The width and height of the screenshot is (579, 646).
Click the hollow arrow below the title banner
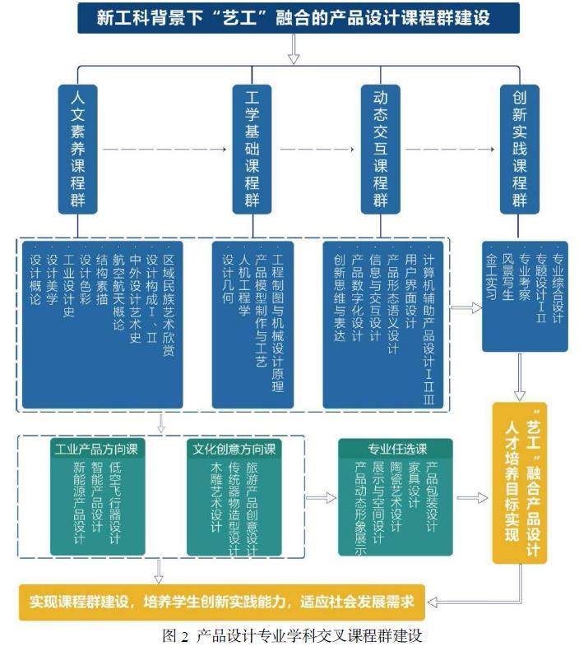click(x=294, y=52)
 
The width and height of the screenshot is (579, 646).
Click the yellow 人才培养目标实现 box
click(x=519, y=482)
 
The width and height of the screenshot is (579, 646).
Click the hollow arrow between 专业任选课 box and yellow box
click(x=471, y=498)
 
